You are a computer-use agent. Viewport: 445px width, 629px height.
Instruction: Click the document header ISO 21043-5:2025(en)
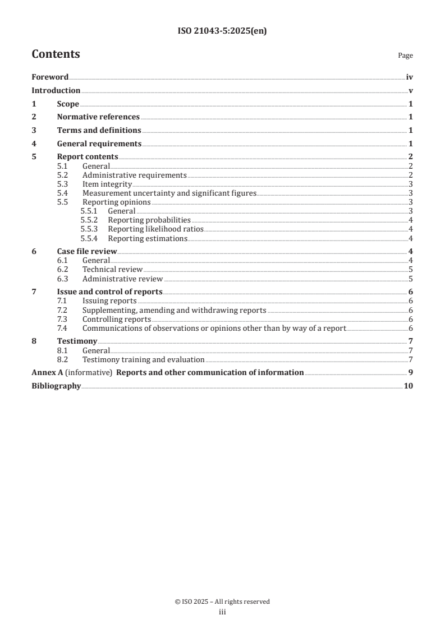tap(222, 31)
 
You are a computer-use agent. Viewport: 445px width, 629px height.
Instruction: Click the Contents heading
tap(56, 54)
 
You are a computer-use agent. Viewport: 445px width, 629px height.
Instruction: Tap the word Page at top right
tap(405, 55)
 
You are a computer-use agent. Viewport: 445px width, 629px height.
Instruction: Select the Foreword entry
tap(50, 77)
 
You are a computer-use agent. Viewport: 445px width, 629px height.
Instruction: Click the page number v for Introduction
tap(411, 91)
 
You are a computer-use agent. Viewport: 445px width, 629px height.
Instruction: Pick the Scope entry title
tap(68, 104)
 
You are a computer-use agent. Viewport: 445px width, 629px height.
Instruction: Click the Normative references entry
tap(98, 117)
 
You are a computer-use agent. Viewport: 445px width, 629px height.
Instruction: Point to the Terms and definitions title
tap(99, 130)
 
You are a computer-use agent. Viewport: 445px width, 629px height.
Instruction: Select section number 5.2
tap(63, 175)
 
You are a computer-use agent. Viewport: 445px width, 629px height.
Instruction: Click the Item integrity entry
tap(107, 184)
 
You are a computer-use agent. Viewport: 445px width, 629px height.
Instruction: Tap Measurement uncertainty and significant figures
tap(169, 193)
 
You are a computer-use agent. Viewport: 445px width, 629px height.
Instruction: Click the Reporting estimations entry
tap(148, 238)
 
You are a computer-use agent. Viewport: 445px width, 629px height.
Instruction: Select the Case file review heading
tap(87, 251)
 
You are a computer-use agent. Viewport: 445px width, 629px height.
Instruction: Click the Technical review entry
tap(112, 269)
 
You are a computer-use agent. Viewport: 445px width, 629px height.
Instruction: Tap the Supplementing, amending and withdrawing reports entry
tap(174, 309)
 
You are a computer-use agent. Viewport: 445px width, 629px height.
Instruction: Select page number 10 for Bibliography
tap(409, 386)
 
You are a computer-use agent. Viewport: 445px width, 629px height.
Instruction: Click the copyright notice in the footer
tap(222, 602)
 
